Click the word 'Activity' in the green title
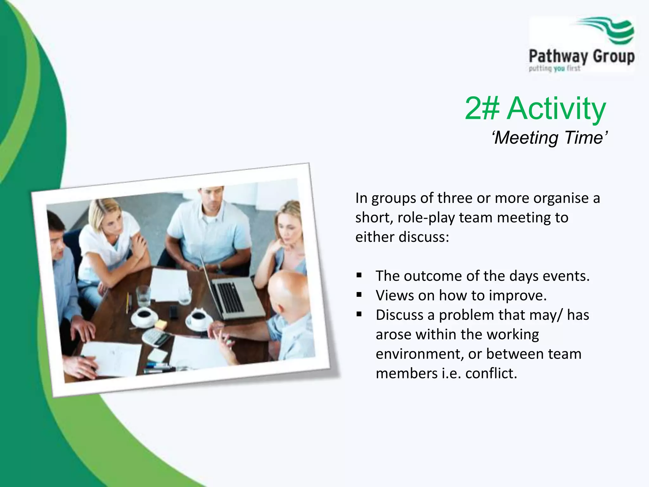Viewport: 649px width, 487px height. coord(556,108)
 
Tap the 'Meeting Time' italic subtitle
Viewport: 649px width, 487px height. coord(550,138)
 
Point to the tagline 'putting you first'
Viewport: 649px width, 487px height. coord(554,68)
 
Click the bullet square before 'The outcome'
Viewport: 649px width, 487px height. coord(359,275)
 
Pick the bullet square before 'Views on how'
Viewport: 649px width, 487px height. coord(359,295)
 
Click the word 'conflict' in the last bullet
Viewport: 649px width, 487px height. coord(491,373)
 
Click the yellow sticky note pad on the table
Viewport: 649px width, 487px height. coord(161,324)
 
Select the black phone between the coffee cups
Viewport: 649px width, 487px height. coord(173,312)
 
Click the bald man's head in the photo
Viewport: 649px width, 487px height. coord(285,289)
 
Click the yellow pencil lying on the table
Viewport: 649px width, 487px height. coord(127,303)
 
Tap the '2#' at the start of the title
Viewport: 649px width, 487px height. coord(482,108)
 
